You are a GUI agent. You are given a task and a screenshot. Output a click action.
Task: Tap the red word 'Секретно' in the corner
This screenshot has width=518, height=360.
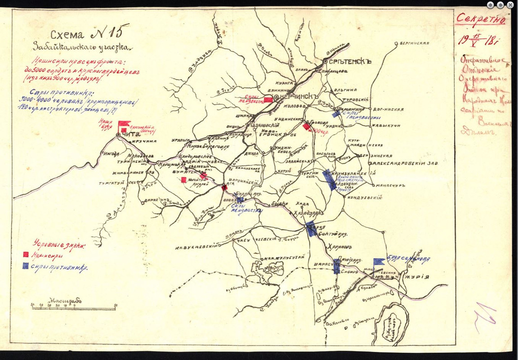[481, 19]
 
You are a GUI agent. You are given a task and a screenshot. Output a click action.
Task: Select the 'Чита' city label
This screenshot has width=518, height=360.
[130, 135]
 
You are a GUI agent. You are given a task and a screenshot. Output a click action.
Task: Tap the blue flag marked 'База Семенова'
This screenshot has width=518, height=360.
[379, 261]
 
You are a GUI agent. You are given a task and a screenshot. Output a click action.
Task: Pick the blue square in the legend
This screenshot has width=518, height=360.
[26, 265]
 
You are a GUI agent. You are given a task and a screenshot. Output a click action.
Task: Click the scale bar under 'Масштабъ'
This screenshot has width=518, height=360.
[74, 309]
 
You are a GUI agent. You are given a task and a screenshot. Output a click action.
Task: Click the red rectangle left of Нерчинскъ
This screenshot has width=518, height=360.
[268, 99]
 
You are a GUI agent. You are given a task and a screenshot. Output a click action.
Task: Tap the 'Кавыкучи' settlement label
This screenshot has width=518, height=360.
[386, 125]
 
